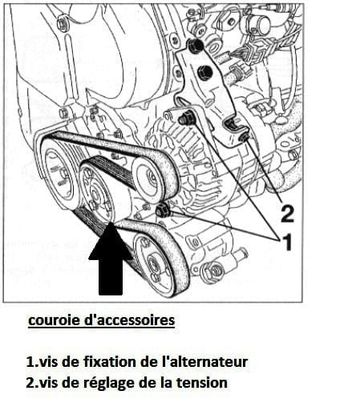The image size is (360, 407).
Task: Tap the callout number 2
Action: coord(287,214)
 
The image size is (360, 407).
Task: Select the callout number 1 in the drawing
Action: coord(287,242)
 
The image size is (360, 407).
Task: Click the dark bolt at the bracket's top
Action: coord(196,45)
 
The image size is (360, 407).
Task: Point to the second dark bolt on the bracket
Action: coord(204,71)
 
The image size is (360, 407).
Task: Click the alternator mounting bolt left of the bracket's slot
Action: coord(185,118)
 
